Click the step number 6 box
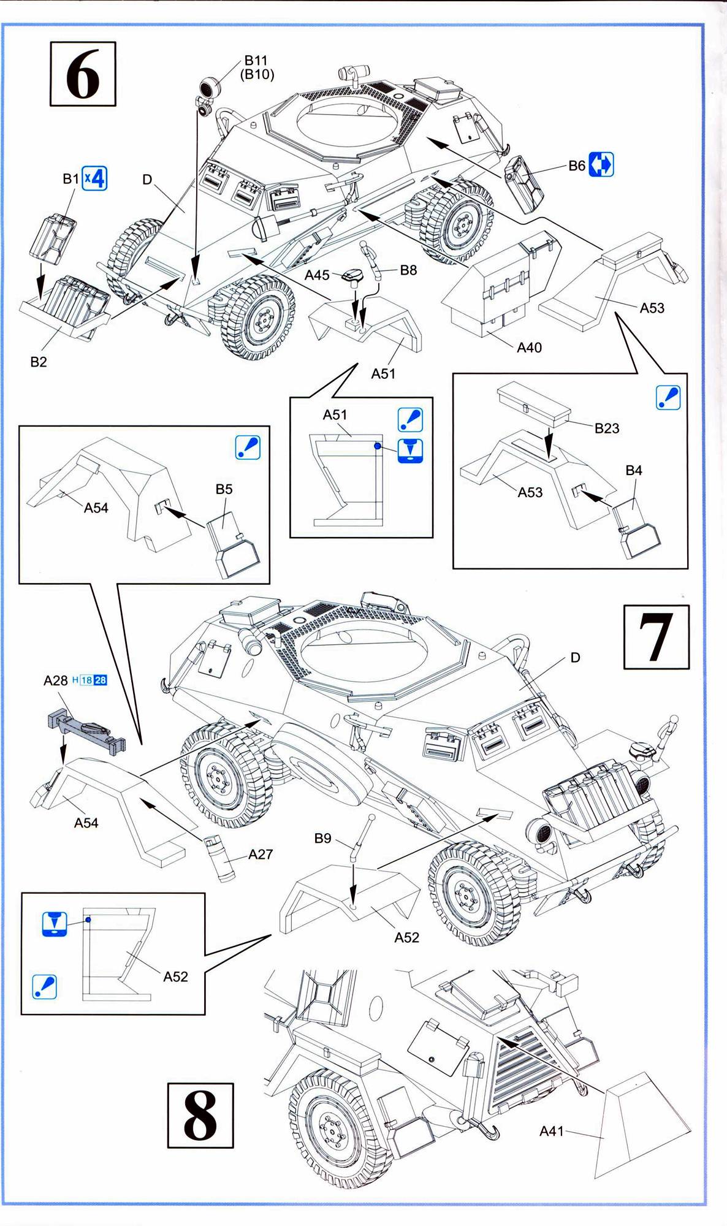[83, 74]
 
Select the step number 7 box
[656, 637]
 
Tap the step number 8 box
[200, 1115]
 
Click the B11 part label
[256, 60]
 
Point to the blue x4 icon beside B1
[95, 178]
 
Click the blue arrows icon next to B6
[601, 165]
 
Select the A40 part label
[529, 348]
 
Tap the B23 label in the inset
[606, 428]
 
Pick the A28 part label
[56, 680]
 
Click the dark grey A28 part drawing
[86, 730]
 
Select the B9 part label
[322, 838]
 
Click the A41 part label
[551, 1131]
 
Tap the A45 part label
[317, 275]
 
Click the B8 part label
[408, 270]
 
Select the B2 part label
[39, 362]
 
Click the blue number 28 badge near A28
[101, 680]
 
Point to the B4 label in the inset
[634, 470]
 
